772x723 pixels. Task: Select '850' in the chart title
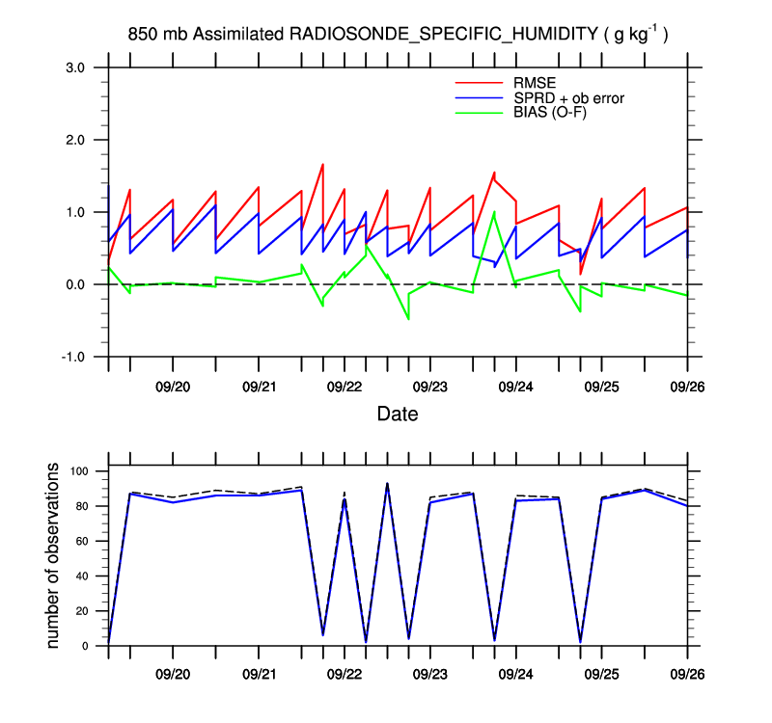(143, 35)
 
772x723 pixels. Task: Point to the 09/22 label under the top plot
(345, 388)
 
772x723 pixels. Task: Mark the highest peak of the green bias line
(494, 212)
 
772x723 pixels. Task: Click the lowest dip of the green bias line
(408, 318)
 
